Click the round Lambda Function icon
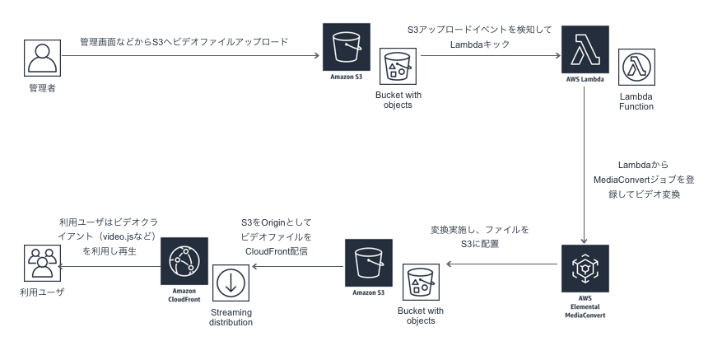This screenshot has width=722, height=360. [x=636, y=70]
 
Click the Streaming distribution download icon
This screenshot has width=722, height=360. [x=230, y=283]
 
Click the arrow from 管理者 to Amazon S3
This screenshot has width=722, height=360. [x=189, y=56]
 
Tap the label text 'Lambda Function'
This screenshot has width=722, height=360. [x=636, y=101]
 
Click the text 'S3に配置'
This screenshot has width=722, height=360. [x=478, y=244]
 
